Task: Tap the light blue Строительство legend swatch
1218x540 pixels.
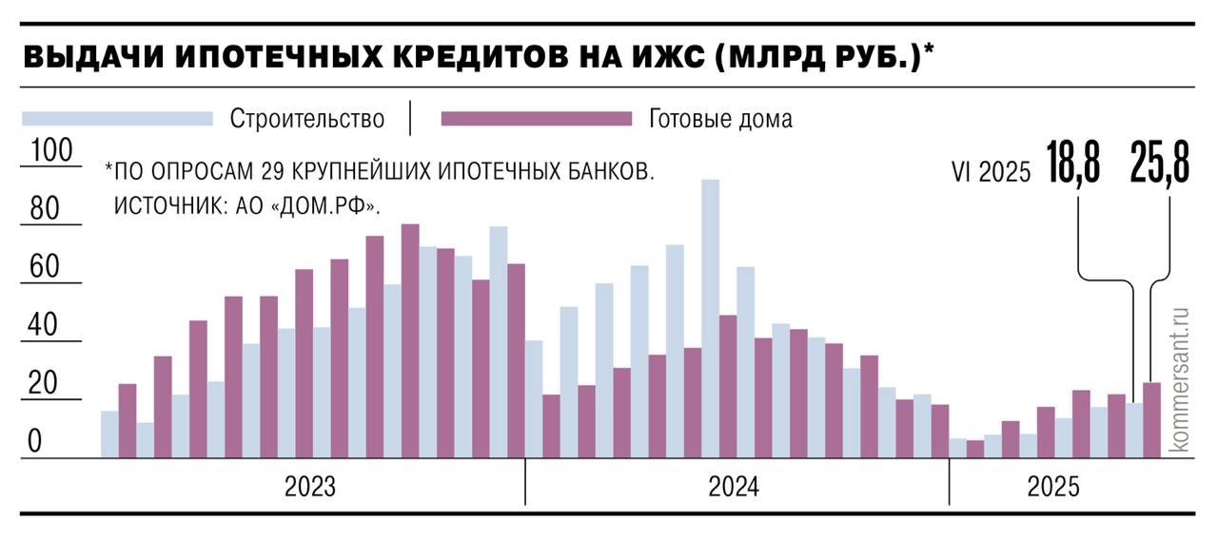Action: [x=117, y=119]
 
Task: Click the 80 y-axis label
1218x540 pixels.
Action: [x=45, y=209]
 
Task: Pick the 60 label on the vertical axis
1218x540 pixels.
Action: [x=45, y=267]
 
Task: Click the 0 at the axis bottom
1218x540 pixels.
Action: [x=34, y=442]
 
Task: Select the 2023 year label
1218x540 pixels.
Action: [x=310, y=487]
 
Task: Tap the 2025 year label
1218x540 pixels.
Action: [x=1053, y=487]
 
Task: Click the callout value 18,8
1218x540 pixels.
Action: [x=1073, y=162]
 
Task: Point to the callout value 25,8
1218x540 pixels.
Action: [x=1160, y=162]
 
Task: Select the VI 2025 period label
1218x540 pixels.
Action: [x=992, y=172]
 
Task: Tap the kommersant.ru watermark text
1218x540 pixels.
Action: [x=1181, y=378]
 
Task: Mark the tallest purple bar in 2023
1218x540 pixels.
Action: [x=410, y=340]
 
